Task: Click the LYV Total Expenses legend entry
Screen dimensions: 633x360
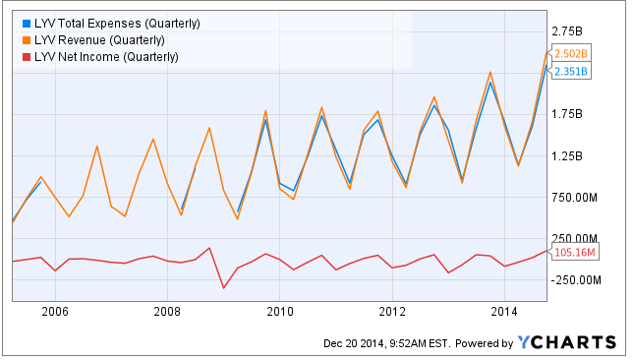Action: [111, 24]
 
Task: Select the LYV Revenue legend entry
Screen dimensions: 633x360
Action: [93, 40]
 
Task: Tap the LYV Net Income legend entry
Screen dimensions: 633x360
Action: [100, 57]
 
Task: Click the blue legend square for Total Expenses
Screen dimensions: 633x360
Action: [27, 24]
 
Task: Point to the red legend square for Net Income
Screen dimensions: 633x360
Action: [27, 57]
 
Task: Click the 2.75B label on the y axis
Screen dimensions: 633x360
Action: [567, 31]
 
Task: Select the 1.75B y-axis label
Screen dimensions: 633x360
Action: [567, 114]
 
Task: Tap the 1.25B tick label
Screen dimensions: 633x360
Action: [567, 156]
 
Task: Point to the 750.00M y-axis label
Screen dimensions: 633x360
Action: [574, 198]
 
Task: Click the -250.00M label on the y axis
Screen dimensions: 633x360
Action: [576, 280]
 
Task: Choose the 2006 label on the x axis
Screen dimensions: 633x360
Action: [55, 312]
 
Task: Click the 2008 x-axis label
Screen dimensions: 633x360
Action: [167, 312]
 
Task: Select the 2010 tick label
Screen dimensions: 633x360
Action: [280, 312]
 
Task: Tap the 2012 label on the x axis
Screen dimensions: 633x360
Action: [392, 312]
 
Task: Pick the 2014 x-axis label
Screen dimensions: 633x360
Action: [504, 312]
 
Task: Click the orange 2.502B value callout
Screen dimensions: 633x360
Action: [570, 53]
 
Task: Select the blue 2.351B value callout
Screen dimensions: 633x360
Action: [570, 71]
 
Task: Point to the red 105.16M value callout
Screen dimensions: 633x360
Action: [573, 253]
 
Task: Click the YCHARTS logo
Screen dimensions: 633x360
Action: [567, 342]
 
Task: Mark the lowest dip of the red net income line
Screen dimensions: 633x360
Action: [223, 288]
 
